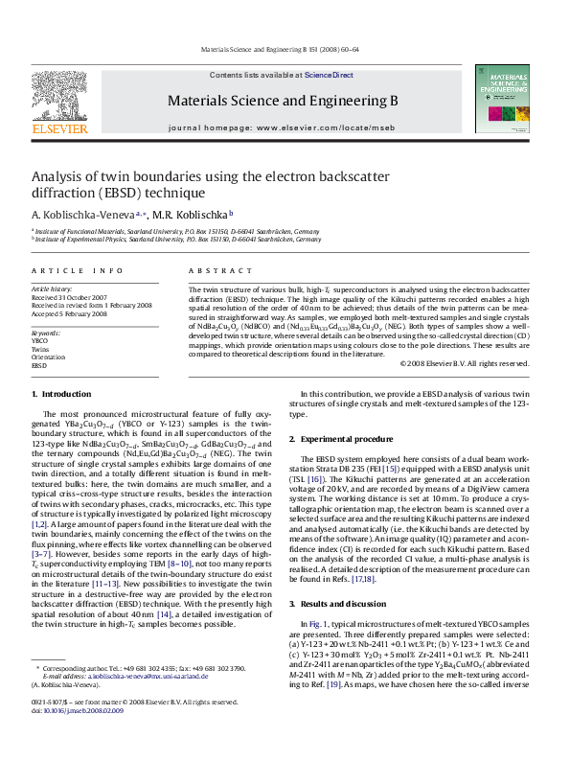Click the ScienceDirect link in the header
pyautogui.click(x=330, y=75)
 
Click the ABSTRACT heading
pyautogui.click(x=212, y=272)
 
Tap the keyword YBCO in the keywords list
pyautogui.click(x=39, y=340)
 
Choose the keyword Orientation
pyautogui.click(x=48, y=357)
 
